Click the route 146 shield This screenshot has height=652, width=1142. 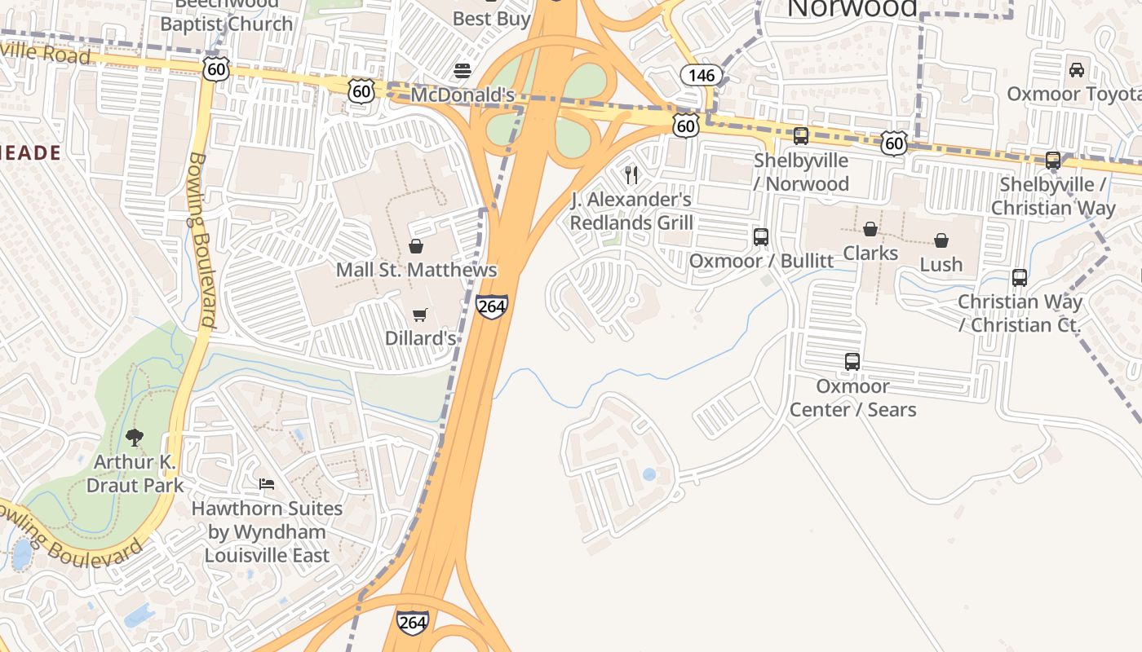tap(701, 76)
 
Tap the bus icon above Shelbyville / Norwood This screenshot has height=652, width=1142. tap(801, 136)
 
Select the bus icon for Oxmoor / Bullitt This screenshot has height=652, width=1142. tap(761, 237)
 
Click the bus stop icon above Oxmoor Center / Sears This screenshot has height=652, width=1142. tap(852, 361)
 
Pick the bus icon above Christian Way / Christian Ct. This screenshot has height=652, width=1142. tap(1020, 278)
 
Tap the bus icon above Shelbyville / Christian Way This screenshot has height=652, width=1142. tap(1053, 161)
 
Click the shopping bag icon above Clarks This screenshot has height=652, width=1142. tap(870, 229)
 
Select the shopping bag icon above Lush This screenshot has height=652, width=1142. tap(941, 240)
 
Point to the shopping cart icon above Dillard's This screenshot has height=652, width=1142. tap(419, 315)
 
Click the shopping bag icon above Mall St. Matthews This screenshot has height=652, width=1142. tap(416, 246)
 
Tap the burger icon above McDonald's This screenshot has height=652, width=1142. tap(463, 71)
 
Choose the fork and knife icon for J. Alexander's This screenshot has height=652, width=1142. tap(631, 174)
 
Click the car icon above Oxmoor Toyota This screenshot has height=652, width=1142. tap(1077, 70)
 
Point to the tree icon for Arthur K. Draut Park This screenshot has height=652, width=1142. tap(135, 438)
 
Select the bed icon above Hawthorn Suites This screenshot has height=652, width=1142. tap(267, 484)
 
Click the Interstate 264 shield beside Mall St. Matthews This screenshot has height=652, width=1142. tap(492, 306)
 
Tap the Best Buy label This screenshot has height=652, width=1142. tap(491, 18)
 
